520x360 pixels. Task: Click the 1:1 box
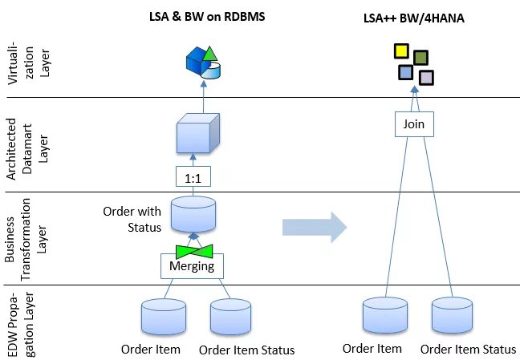[193, 176]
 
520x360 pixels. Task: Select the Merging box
[193, 265]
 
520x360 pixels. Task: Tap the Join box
[414, 125]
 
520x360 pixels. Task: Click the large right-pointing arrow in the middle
[314, 226]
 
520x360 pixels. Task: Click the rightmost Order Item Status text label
[468, 349]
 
